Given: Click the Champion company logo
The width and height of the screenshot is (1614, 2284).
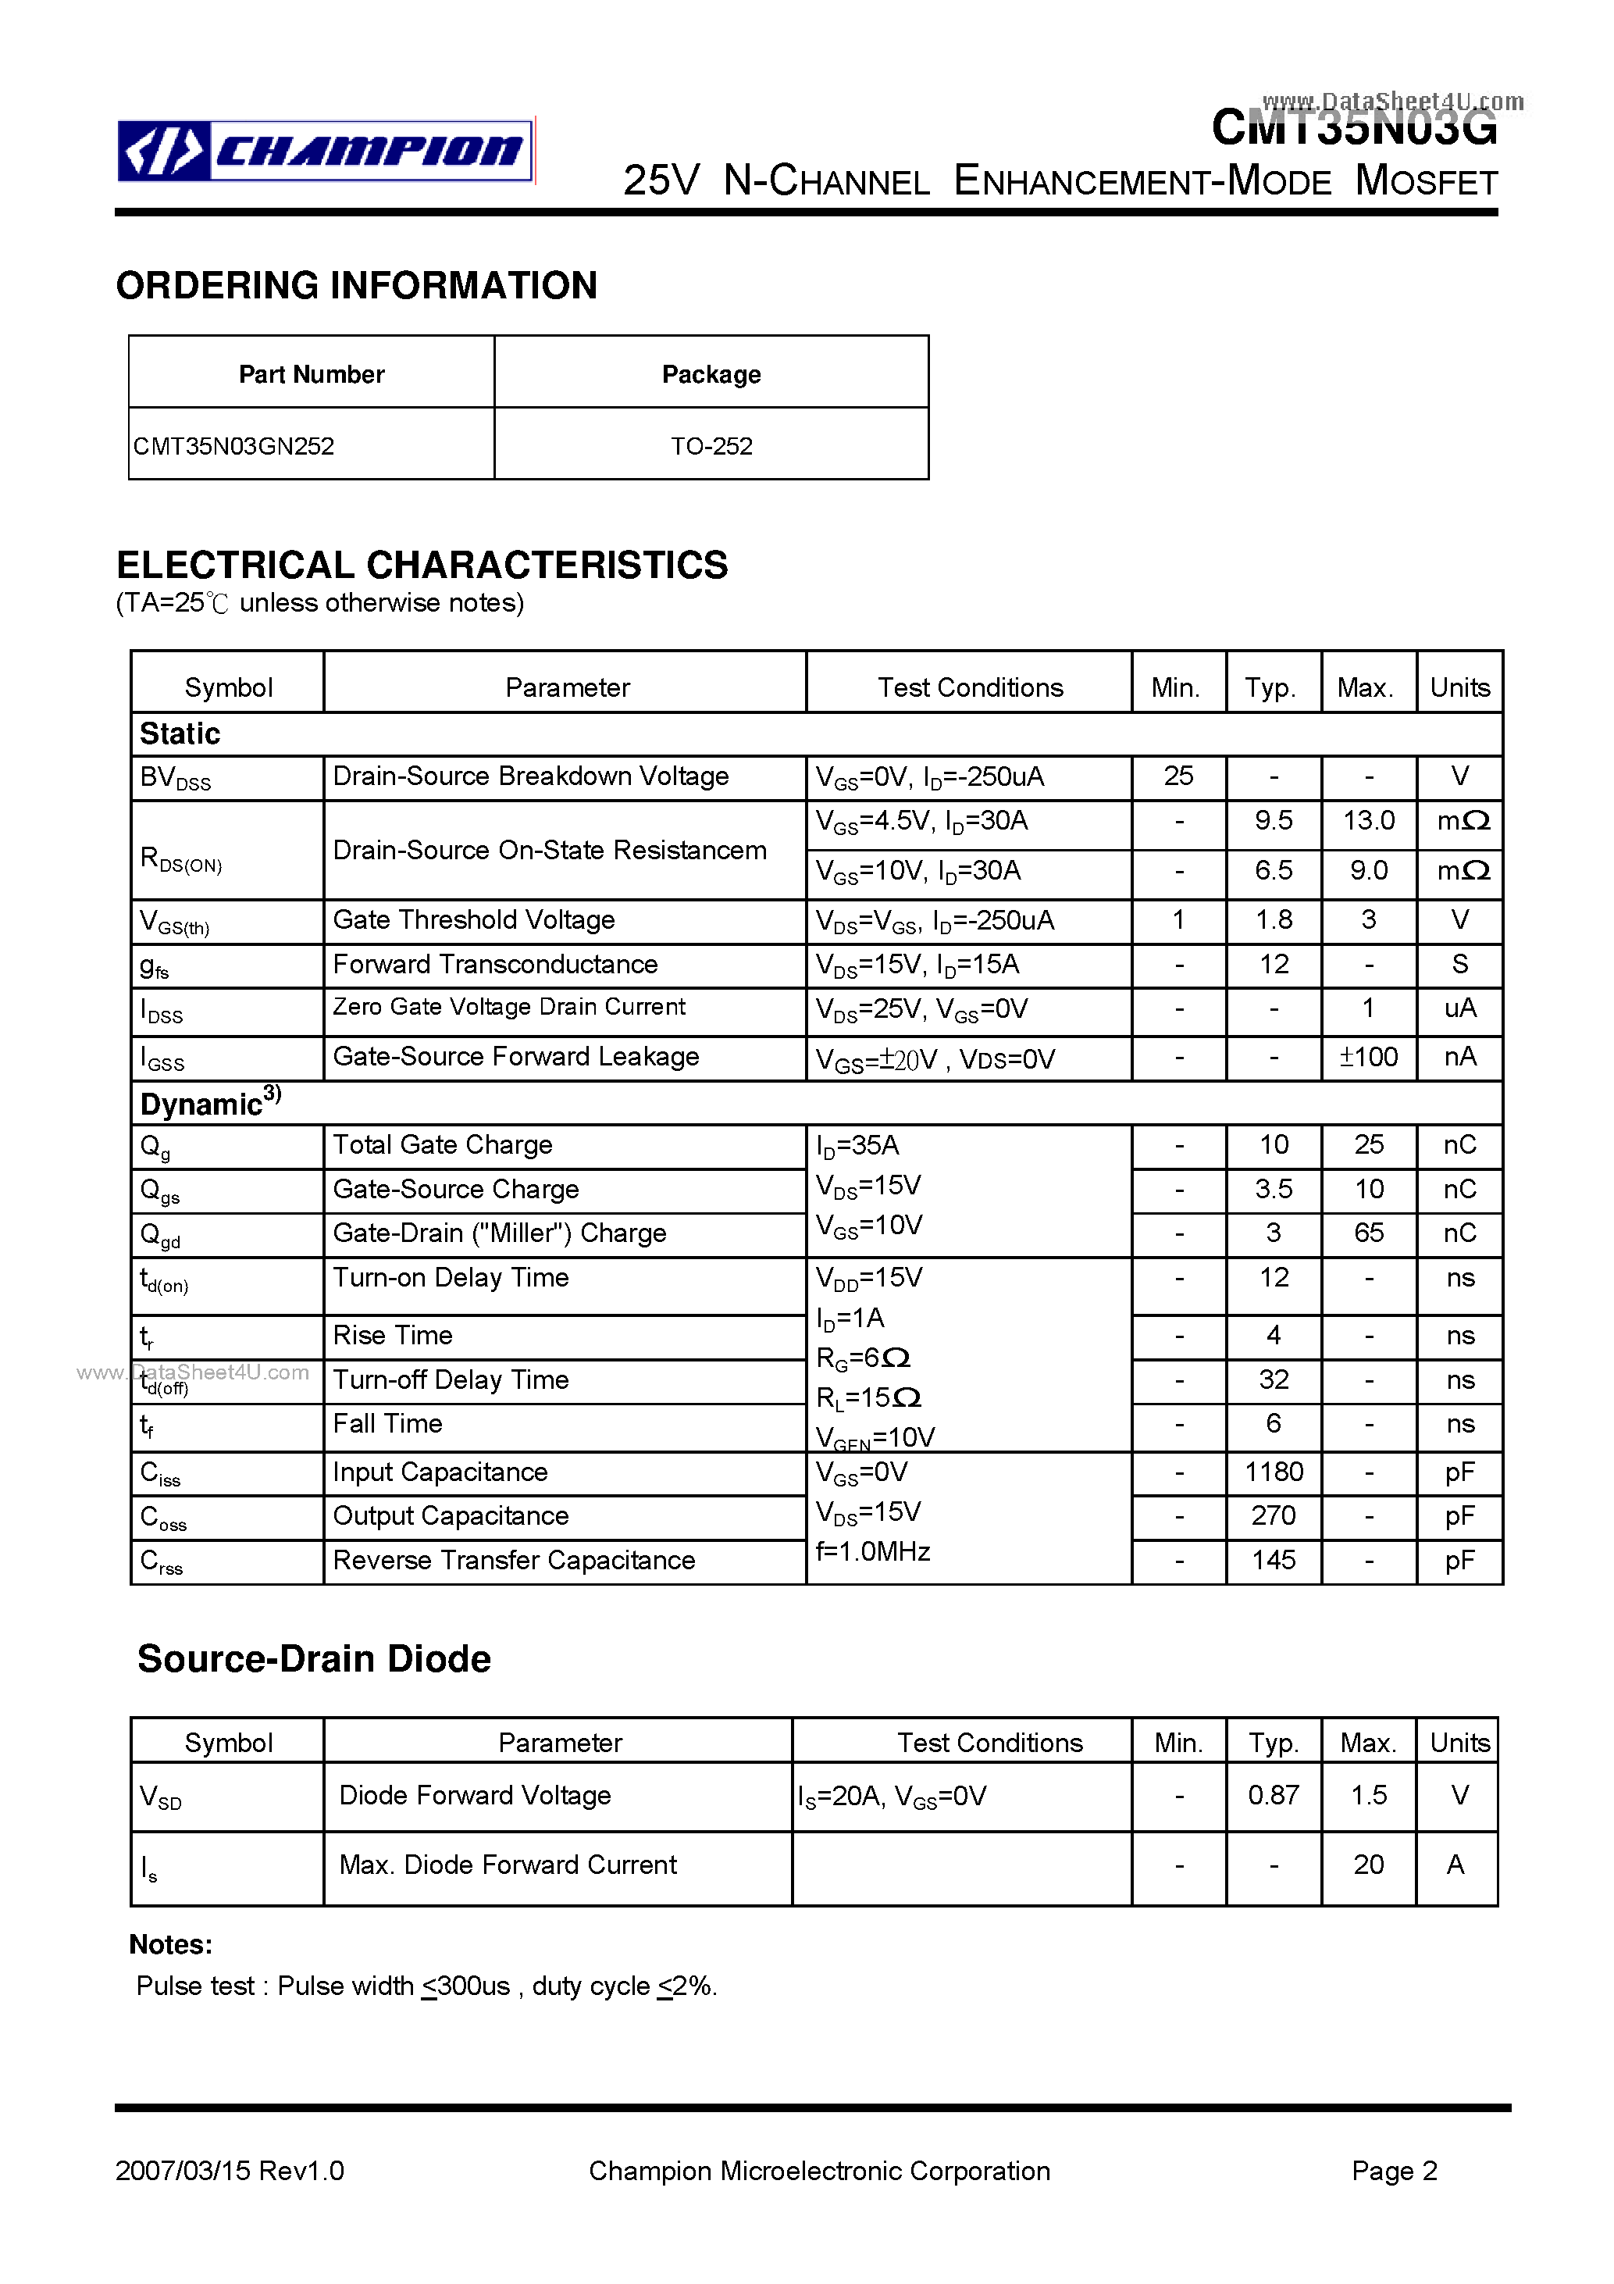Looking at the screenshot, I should point(325,152).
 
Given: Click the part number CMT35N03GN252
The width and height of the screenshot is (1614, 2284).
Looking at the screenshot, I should point(233,446).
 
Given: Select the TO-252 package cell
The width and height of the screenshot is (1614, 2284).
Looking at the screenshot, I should point(711,446).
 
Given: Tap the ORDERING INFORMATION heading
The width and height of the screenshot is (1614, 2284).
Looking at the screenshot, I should point(356,286).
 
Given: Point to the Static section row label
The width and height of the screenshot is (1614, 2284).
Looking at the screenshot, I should point(180,734).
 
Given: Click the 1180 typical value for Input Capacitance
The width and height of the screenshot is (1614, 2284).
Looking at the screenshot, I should point(1273,1472).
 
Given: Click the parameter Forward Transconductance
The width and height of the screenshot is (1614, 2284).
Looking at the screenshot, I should point(495,964).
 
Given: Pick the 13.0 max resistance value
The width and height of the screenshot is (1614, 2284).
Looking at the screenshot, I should point(1368,821).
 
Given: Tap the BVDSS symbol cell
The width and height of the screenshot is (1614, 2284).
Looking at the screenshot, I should point(176,778).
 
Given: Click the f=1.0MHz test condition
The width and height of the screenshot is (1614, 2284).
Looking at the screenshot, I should point(872,1552).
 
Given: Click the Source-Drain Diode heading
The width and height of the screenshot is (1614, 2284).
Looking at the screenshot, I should point(314,1659).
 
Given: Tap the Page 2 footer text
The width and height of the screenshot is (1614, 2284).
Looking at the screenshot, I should point(1395,2171).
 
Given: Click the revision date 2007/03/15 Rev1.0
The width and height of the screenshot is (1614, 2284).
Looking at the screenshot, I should point(230,2171).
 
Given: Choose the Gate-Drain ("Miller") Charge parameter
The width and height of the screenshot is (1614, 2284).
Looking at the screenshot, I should point(499,1233).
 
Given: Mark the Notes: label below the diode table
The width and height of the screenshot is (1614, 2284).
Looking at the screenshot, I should point(171,1945).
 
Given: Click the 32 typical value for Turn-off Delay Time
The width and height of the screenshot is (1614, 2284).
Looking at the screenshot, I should point(1273,1379).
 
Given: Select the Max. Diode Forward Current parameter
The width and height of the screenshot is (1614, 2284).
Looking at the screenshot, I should point(508,1865).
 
